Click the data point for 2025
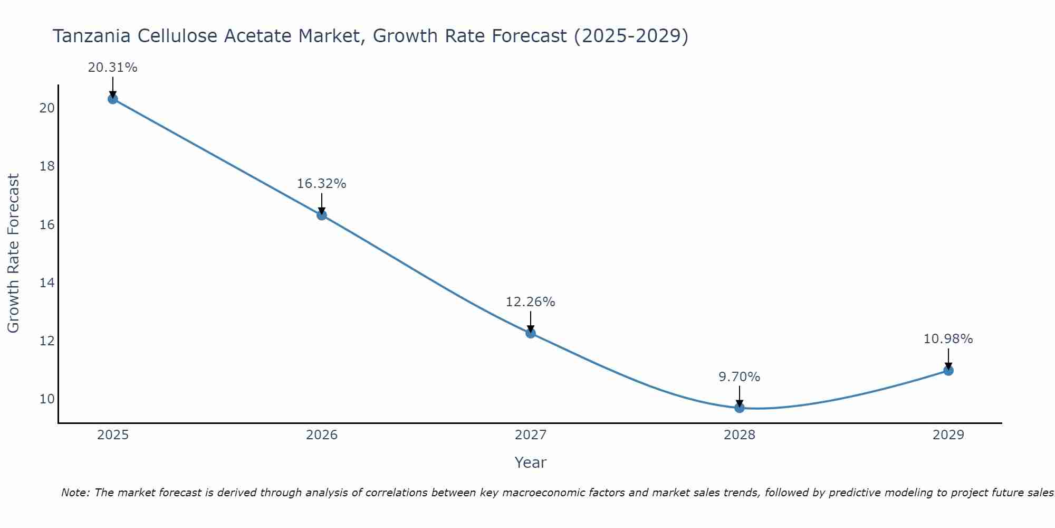click(112, 99)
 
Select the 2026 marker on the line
click(322, 215)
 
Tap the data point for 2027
click(531, 333)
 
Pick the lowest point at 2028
click(740, 408)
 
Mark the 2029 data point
click(948, 371)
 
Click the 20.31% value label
click(112, 68)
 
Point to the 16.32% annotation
click(321, 184)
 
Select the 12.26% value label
click(530, 302)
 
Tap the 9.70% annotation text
click(739, 377)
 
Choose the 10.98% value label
click(948, 339)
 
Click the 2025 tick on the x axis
click(113, 435)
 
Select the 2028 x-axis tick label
click(740, 435)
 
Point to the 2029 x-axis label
click(948, 435)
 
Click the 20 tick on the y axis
click(47, 108)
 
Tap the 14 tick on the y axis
click(47, 283)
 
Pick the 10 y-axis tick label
click(47, 399)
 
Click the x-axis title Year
click(530, 463)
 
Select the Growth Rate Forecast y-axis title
click(14, 253)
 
